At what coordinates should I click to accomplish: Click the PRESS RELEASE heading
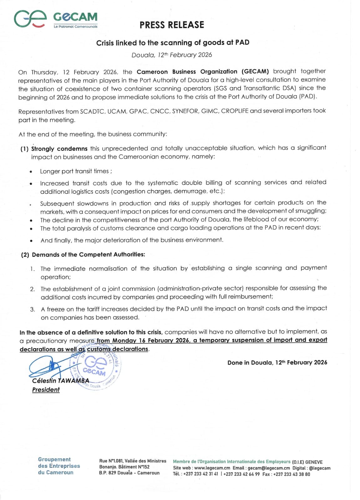pyautogui.click(x=172, y=25)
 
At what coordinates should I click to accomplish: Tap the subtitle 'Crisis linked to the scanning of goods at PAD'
pyautogui.click(x=173, y=42)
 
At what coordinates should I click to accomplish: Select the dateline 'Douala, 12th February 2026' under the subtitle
pyautogui.click(x=172, y=55)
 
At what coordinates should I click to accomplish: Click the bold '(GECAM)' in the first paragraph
pyautogui.click(x=255, y=72)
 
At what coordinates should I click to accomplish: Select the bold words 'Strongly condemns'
pyautogui.click(x=59, y=149)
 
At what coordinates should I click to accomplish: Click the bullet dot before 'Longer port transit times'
pyautogui.click(x=31, y=172)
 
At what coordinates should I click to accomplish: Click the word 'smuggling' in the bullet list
pyautogui.click(x=311, y=211)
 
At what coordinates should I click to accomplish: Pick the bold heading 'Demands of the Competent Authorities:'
pyautogui.click(x=89, y=255)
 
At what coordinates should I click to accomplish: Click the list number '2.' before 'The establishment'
pyautogui.click(x=33, y=289)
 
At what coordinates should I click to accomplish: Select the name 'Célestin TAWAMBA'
pyautogui.click(x=61, y=381)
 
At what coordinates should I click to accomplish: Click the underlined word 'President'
pyautogui.click(x=46, y=390)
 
